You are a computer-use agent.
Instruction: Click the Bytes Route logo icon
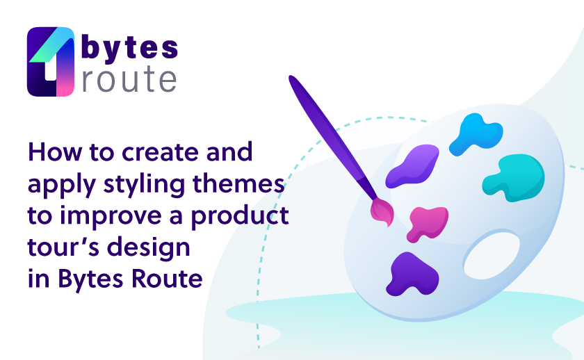51,61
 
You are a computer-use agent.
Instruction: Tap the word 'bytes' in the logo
129,48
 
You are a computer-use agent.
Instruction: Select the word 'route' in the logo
129,80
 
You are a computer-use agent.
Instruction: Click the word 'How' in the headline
55,152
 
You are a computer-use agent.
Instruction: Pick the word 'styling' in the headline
144,185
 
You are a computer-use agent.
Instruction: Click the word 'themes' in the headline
238,184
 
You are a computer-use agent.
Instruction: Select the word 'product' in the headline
240,217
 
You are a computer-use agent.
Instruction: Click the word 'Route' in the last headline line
167,279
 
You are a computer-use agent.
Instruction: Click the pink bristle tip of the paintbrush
383,212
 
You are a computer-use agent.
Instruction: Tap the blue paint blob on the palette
476,134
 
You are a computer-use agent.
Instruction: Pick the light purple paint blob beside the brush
412,166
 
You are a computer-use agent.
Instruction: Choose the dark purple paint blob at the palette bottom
412,275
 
